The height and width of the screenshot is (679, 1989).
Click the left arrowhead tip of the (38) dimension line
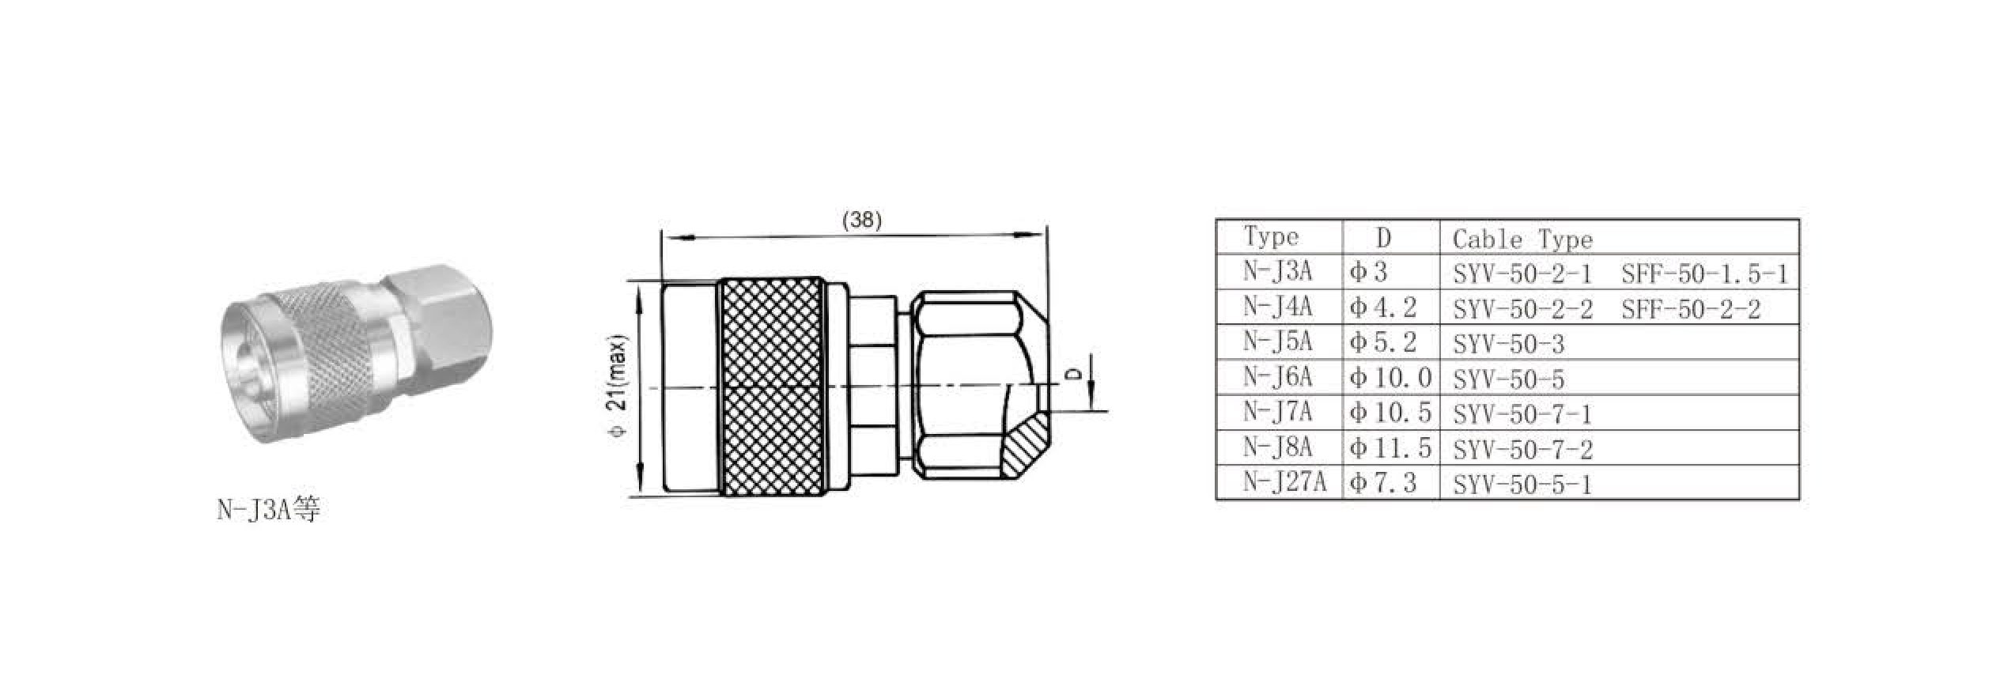[663, 236]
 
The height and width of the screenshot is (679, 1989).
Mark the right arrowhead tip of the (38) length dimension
[1045, 235]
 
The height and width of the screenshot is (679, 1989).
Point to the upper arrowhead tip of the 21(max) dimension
[638, 282]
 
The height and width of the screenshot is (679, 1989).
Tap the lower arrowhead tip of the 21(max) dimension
[638, 496]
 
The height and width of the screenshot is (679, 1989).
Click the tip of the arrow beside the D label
[1092, 410]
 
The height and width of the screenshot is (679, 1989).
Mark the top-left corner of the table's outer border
[1216, 220]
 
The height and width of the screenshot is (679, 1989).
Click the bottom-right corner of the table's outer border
[1799, 500]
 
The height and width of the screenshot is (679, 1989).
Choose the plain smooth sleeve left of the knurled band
[690, 387]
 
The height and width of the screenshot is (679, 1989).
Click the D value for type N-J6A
[1391, 378]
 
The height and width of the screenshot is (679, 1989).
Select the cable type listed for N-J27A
[1522, 484]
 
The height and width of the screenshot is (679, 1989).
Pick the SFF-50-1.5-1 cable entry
[1704, 274]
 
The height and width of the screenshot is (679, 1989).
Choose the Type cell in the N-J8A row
[1277, 447]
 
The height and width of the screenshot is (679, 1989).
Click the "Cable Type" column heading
[1522, 239]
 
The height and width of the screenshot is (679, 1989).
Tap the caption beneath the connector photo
[269, 510]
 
